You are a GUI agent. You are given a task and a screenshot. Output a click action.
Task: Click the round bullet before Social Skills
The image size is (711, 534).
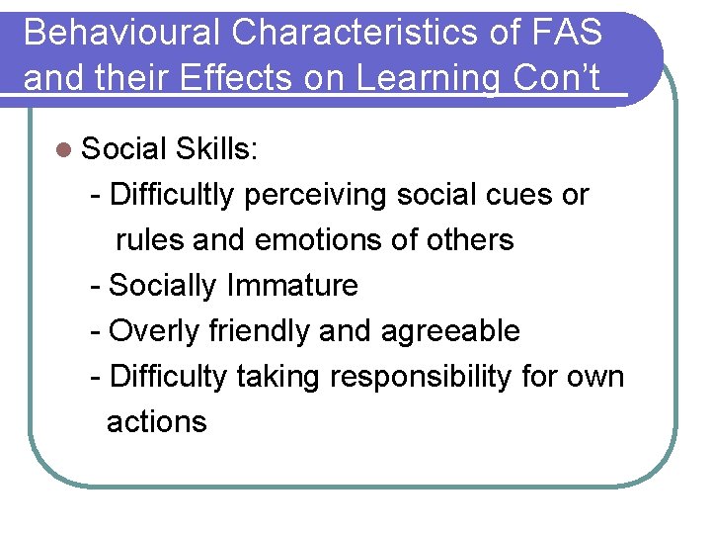[64, 149]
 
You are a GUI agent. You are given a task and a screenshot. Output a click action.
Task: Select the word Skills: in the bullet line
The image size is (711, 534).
[216, 149]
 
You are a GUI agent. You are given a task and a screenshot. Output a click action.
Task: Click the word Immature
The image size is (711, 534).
[292, 286]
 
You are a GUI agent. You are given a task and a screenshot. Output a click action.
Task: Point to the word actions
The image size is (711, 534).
[156, 422]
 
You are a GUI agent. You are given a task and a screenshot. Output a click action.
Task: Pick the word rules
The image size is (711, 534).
[147, 239]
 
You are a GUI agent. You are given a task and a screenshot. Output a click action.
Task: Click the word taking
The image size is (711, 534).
[278, 377]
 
